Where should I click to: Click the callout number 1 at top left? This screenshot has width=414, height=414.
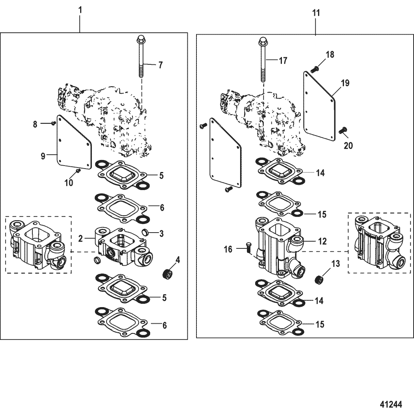(80, 10)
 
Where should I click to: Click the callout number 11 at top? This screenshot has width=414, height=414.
(316, 13)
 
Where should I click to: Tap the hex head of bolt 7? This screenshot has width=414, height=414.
(140, 40)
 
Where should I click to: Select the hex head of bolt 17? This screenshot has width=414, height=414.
(262, 41)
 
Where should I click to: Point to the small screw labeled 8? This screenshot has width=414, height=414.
(53, 123)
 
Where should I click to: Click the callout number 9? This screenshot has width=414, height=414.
(43, 156)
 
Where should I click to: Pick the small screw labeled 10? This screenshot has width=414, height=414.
(78, 171)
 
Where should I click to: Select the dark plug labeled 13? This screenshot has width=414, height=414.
(320, 279)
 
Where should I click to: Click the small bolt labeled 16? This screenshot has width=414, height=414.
(248, 247)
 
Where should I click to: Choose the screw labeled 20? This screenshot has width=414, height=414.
(342, 130)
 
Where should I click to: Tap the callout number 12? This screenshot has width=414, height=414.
(323, 241)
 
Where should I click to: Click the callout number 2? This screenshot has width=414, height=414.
(81, 239)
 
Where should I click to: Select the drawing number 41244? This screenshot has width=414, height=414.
(391, 404)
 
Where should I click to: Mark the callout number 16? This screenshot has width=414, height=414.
(228, 249)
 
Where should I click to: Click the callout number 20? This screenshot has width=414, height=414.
(348, 146)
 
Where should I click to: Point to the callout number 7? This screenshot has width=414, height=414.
(161, 65)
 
